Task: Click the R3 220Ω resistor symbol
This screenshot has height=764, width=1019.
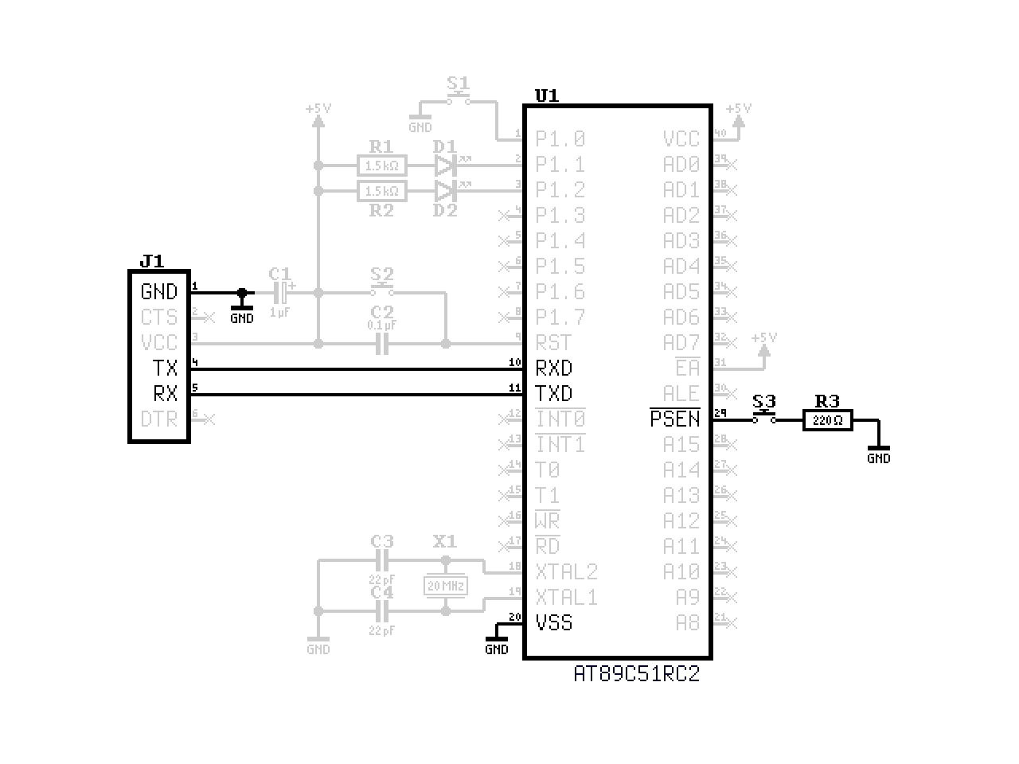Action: coord(827,420)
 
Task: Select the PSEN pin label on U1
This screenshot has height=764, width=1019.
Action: coord(675,419)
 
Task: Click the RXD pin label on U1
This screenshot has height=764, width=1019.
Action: coord(554,368)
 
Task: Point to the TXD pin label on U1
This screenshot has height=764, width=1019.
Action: coord(554,394)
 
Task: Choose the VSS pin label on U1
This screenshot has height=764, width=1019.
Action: coord(554,623)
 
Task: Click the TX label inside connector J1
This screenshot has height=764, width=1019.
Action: coord(165,368)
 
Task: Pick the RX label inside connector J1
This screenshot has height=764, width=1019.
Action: coord(165,394)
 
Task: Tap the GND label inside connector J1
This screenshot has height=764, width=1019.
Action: coord(159,292)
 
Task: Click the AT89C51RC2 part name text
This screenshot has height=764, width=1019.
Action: coord(637,674)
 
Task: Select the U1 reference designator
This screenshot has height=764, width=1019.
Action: coord(546,96)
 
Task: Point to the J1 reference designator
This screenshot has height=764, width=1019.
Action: coord(151,261)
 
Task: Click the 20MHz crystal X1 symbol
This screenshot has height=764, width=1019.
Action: coord(445,587)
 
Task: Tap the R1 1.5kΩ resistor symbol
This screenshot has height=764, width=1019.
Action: coord(382,166)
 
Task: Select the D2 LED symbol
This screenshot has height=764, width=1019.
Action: coord(445,191)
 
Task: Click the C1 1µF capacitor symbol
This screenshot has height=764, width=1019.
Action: coord(281,293)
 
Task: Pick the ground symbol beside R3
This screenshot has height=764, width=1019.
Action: coord(878,450)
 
